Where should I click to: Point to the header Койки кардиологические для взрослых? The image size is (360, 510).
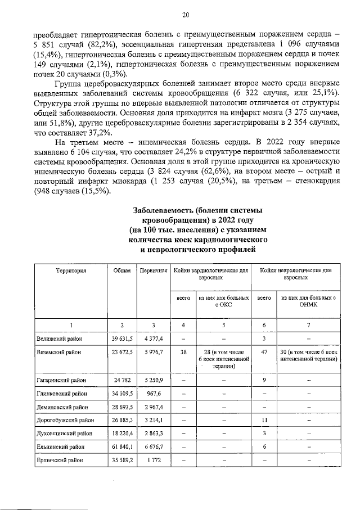pyautogui.click(x=210, y=274)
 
